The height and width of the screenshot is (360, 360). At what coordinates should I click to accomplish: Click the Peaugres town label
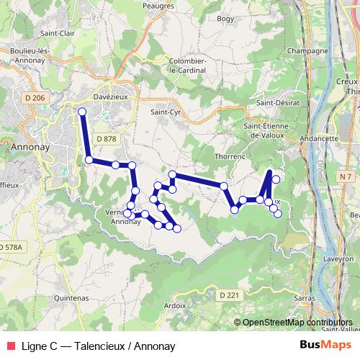[159, 5]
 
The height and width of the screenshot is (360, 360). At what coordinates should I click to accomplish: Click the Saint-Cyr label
[164, 112]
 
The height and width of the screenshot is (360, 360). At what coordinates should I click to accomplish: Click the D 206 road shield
[33, 97]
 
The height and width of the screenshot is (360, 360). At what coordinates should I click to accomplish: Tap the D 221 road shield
[228, 295]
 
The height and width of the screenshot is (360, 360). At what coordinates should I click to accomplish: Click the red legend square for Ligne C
[9, 346]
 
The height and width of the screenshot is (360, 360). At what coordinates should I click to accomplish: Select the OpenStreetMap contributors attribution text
[297, 323]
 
